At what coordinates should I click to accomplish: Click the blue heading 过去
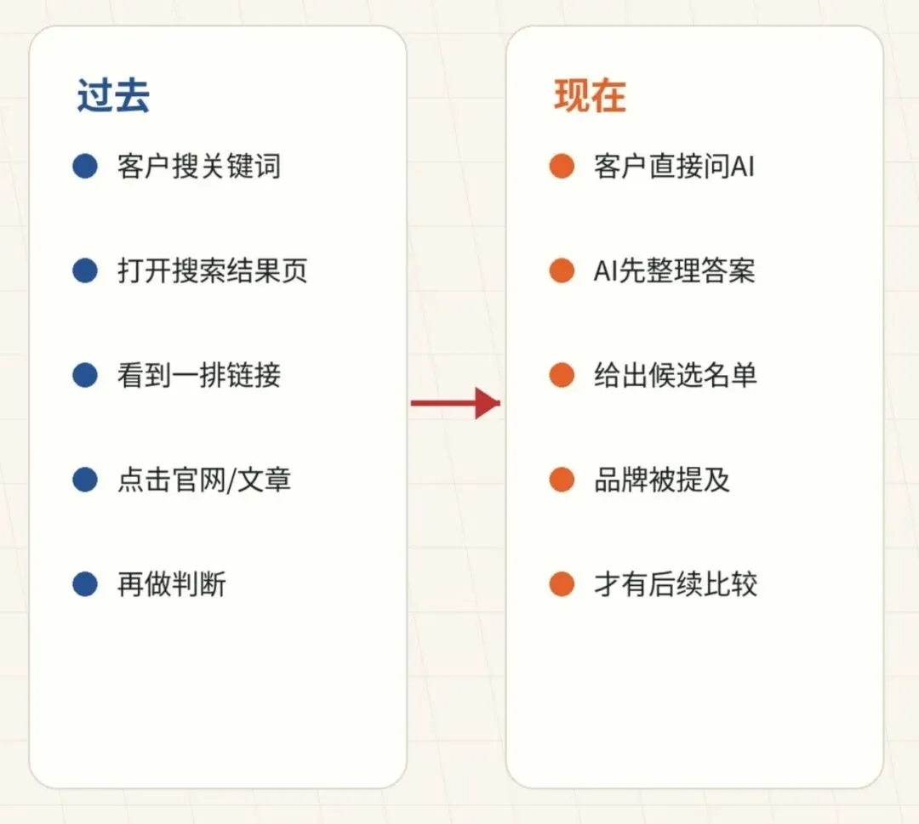[113, 96]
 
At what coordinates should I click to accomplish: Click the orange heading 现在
[590, 96]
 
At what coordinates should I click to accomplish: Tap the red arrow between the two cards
[455, 403]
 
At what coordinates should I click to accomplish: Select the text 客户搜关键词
[199, 167]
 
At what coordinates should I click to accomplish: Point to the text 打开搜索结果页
[213, 271]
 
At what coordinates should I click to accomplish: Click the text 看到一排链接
[199, 376]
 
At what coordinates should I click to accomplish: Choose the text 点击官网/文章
[204, 480]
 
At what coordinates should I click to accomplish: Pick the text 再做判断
[172, 585]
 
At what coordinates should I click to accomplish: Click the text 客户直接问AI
[674, 167]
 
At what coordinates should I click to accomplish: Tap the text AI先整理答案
[674, 271]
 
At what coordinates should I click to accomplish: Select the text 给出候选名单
[676, 376]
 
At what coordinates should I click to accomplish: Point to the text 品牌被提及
[662, 480]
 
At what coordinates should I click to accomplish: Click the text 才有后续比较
[676, 585]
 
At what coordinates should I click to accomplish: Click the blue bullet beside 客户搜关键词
[85, 166]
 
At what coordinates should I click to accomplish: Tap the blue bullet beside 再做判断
[85, 584]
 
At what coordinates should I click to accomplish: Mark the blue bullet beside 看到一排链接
[85, 375]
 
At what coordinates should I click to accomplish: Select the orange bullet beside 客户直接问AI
[562, 166]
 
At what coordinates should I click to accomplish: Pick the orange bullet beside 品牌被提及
[562, 480]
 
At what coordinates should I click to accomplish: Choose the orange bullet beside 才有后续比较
[562, 584]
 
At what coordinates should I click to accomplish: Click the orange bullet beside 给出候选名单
[562, 375]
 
